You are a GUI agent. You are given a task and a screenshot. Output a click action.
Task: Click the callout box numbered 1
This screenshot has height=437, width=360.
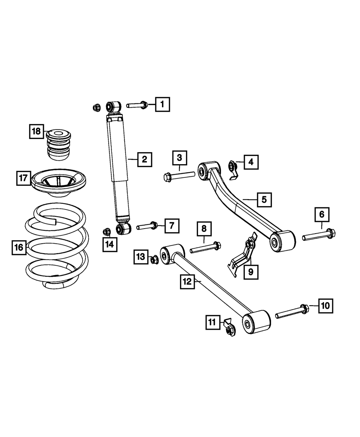click(162, 105)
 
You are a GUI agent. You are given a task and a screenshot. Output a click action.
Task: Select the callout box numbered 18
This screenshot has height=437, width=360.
click(36, 131)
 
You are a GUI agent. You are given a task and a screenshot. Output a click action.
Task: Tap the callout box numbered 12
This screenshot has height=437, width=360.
click(188, 281)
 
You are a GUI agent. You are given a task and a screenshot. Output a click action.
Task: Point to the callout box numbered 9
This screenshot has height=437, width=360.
click(251, 272)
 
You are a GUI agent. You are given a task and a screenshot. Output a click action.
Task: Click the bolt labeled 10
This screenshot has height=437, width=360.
click(292, 312)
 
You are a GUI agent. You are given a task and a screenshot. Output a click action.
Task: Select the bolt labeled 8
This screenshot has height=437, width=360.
click(205, 247)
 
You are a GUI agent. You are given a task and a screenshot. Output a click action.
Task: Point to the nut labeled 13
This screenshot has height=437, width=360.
click(154, 258)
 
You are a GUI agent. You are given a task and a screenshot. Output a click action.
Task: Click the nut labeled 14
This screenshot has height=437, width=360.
click(107, 231)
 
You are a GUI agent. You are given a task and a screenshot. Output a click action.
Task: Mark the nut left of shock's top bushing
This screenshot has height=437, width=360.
click(96, 107)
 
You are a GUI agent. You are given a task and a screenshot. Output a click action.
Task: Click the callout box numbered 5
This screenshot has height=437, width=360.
click(264, 199)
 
